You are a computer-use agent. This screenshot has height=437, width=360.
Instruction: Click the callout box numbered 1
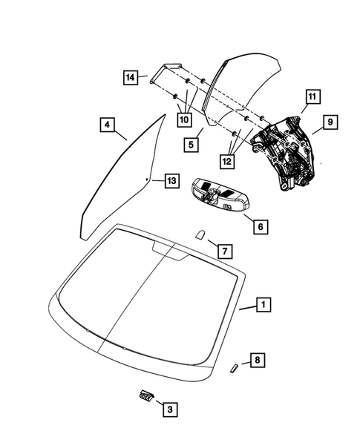tap(261, 304)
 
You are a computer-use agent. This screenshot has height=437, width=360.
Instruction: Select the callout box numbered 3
tap(169, 408)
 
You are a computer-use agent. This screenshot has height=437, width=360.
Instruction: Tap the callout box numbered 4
tap(108, 126)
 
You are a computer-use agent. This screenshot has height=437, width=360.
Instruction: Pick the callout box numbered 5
tap(191, 145)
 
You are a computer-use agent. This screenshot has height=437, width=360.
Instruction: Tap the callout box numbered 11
tap(311, 96)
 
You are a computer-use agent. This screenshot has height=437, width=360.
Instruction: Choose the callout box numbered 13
tap(171, 180)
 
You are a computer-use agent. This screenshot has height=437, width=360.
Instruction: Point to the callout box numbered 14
tap(131, 76)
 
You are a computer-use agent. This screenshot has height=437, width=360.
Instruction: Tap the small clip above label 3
tap(146, 395)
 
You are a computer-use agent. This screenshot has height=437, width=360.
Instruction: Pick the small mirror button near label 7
tap(201, 234)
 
